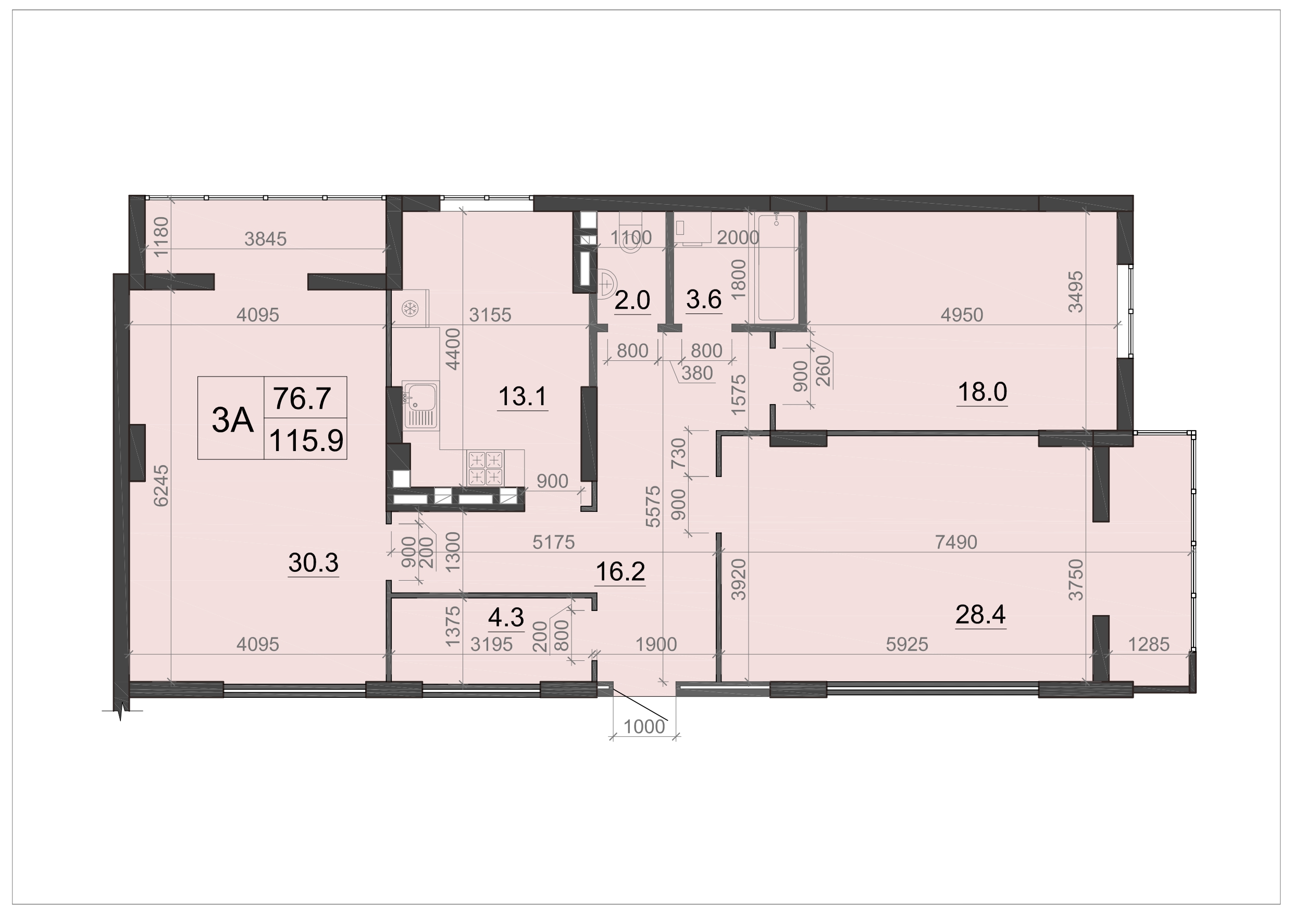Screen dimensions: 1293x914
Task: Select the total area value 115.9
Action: pyautogui.click(x=306, y=440)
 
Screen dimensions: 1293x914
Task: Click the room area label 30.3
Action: pyautogui.click(x=313, y=562)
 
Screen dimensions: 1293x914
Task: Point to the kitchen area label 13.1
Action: pyautogui.click(x=523, y=396)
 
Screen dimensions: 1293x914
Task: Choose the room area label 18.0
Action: pyautogui.click(x=982, y=392)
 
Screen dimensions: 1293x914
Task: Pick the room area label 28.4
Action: pyautogui.click(x=980, y=615)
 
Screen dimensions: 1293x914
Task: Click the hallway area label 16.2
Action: pyautogui.click(x=620, y=572)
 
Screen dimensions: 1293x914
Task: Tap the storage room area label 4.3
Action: pyautogui.click(x=506, y=618)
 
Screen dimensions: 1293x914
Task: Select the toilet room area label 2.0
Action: pyautogui.click(x=632, y=300)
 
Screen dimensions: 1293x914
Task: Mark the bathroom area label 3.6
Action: pyautogui.click(x=704, y=299)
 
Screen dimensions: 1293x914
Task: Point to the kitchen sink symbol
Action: pyautogui.click(x=420, y=406)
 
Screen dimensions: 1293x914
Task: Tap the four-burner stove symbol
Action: pyautogui.click(x=486, y=468)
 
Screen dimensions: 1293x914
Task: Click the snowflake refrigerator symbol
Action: pyautogui.click(x=410, y=308)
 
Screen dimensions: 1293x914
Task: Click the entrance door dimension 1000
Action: pyautogui.click(x=644, y=727)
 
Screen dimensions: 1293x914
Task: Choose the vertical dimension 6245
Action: pyautogui.click(x=161, y=485)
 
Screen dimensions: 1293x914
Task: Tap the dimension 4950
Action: pyautogui.click(x=962, y=315)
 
